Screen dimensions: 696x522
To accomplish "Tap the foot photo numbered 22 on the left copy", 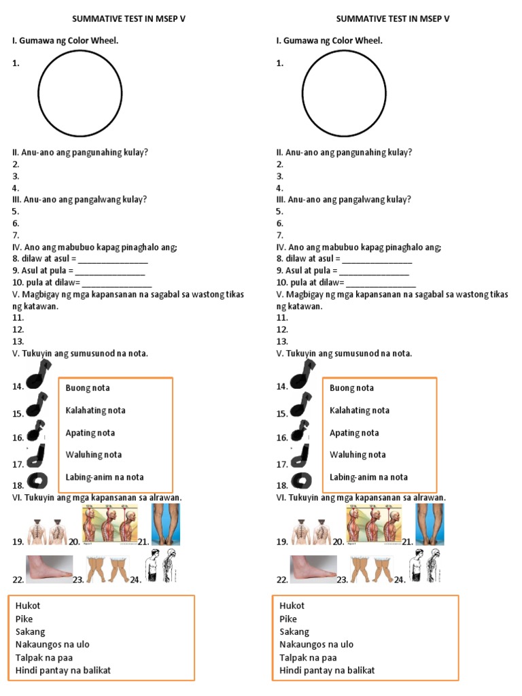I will (49, 568).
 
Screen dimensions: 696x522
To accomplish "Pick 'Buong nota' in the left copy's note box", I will (88, 388).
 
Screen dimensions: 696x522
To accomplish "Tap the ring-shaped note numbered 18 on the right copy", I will (302, 481).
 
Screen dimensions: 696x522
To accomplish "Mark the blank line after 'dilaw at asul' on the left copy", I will (114, 259).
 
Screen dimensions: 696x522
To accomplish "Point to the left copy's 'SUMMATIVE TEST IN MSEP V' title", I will (128, 19).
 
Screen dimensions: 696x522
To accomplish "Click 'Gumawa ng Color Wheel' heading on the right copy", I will (329, 41).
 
